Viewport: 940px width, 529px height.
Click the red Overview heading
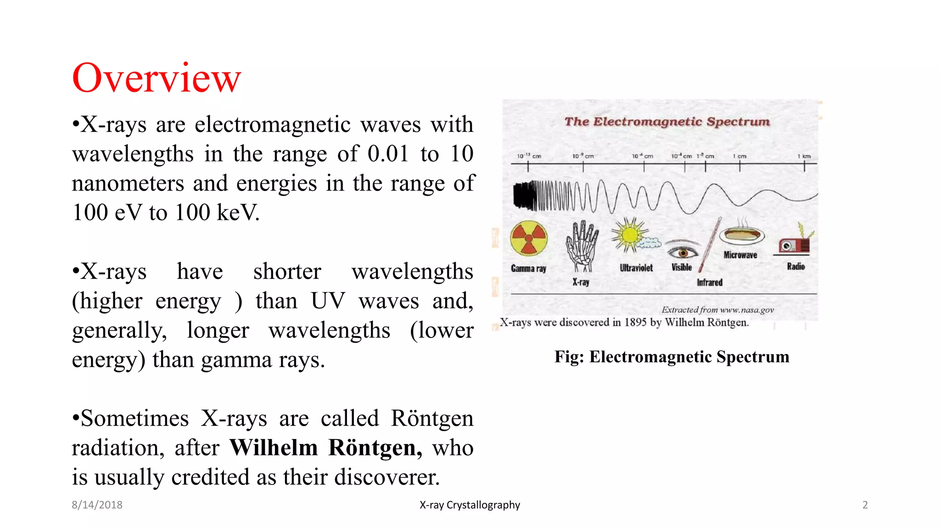pos(156,78)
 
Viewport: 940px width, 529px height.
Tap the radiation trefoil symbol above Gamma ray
pos(529,238)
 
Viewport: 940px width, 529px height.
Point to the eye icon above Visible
pos(683,252)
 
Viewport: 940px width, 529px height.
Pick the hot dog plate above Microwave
pos(742,235)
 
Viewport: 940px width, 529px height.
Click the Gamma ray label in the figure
pos(528,269)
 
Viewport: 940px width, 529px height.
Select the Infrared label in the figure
pos(710,282)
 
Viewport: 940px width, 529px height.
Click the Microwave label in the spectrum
pos(740,255)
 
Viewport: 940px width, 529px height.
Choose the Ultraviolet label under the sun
pos(636,268)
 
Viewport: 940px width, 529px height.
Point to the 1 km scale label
pos(804,156)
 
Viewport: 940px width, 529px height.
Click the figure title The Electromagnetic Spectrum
pos(667,122)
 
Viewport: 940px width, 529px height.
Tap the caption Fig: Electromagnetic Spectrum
pos(671,357)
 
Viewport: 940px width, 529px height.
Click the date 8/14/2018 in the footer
pos(97,505)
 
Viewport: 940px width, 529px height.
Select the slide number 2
pos(865,505)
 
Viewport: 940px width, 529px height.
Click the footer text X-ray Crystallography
pos(470,505)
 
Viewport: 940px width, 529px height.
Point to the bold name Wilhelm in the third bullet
pos(274,448)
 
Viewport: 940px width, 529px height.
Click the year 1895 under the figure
pos(635,322)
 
